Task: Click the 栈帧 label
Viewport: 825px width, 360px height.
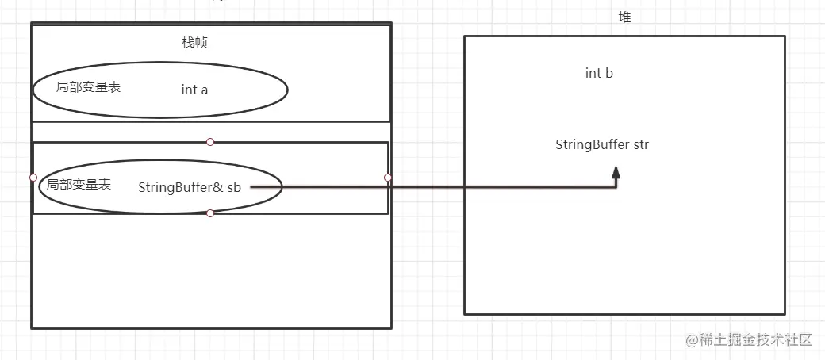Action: pos(194,43)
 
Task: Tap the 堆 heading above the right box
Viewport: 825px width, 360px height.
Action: pos(624,17)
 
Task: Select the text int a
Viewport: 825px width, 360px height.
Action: pos(194,90)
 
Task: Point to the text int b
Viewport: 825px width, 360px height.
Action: pos(599,73)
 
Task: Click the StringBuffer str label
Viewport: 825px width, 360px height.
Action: pos(602,144)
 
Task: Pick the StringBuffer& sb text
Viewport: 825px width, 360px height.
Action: pos(189,187)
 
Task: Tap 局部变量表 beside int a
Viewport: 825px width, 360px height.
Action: pos(89,87)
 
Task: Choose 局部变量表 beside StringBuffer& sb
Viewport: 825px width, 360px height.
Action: pos(79,185)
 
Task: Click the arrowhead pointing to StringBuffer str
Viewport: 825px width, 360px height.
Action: pos(616,171)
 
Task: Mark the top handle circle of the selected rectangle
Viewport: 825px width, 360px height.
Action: pos(210,142)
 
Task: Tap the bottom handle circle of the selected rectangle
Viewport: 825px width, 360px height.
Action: pos(210,213)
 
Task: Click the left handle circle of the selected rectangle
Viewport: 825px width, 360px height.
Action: pos(33,178)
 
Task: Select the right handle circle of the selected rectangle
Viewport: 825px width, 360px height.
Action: pos(388,178)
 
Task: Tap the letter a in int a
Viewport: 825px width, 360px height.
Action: pos(205,90)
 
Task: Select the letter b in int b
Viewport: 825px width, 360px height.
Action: pos(609,73)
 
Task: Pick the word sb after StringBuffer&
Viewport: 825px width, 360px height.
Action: pos(234,187)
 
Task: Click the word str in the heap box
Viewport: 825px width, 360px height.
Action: pos(641,144)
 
